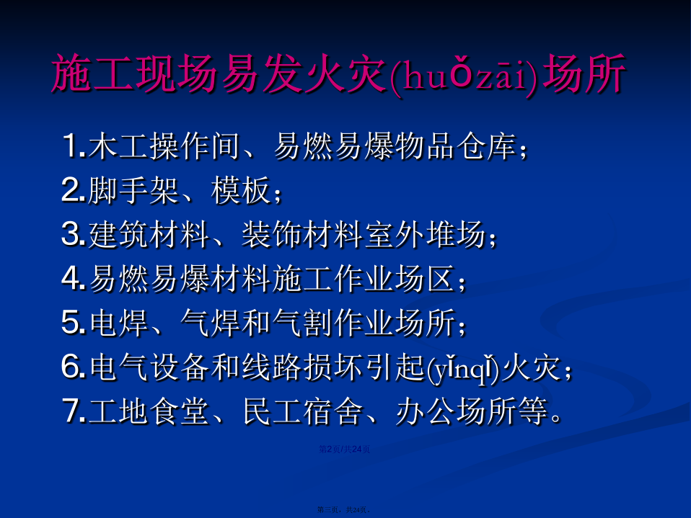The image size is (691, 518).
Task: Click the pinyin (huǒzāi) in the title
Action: (x=464, y=76)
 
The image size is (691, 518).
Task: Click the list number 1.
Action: (x=72, y=146)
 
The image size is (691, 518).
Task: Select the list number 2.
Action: (x=73, y=190)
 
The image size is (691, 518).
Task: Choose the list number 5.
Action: (x=73, y=322)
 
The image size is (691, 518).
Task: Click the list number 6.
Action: (x=73, y=366)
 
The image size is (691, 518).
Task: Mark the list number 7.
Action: (x=74, y=411)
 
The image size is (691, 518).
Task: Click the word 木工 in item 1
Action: (x=118, y=146)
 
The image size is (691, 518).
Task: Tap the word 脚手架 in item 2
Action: (x=133, y=190)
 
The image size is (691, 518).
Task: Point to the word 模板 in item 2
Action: (x=241, y=190)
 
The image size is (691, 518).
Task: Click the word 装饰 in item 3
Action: (x=271, y=234)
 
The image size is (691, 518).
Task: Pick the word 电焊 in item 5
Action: (x=119, y=322)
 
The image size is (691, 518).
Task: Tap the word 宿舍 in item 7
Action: (x=333, y=411)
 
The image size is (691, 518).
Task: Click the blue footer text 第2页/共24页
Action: (x=344, y=450)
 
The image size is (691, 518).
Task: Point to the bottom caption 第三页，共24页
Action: (x=343, y=509)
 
